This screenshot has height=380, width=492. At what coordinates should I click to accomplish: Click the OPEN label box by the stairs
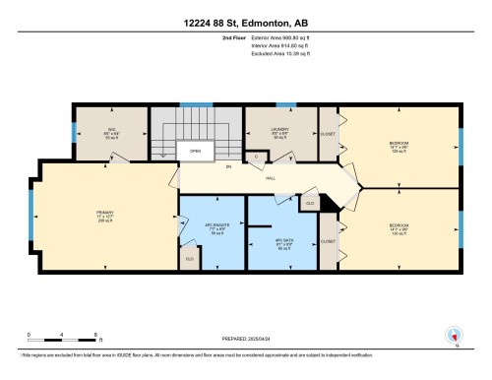(196, 152)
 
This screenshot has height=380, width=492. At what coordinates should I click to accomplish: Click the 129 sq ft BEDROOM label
(399, 146)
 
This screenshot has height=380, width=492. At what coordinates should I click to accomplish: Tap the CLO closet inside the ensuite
(190, 259)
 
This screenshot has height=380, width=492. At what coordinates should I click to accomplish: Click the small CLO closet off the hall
(310, 203)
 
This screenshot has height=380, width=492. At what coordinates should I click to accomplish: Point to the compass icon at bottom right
(455, 335)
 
